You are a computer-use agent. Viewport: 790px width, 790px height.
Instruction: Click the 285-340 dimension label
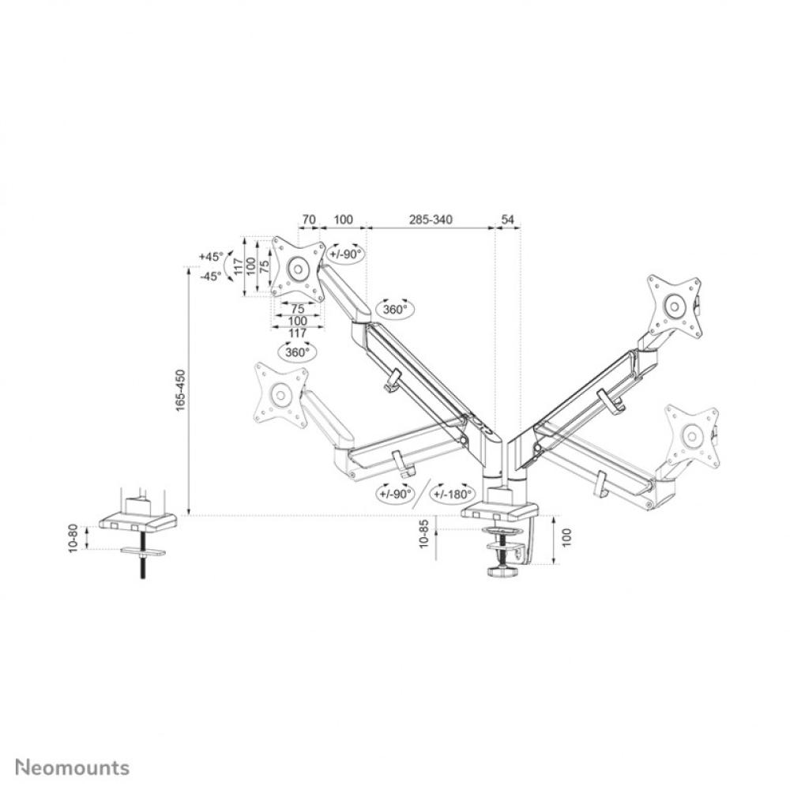(430, 219)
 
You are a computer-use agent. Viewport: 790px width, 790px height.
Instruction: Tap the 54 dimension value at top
(508, 219)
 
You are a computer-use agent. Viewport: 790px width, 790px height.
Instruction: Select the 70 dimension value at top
(309, 219)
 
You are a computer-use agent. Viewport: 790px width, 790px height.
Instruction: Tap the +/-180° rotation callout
(452, 495)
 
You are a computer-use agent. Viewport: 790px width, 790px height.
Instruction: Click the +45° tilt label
(212, 257)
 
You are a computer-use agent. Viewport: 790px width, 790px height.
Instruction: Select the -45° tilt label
(212, 276)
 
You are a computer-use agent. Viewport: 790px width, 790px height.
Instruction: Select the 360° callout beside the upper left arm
(395, 310)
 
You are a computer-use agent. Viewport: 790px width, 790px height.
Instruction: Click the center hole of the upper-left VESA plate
(298, 269)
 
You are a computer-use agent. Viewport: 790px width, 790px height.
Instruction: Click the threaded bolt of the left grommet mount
(145, 565)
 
